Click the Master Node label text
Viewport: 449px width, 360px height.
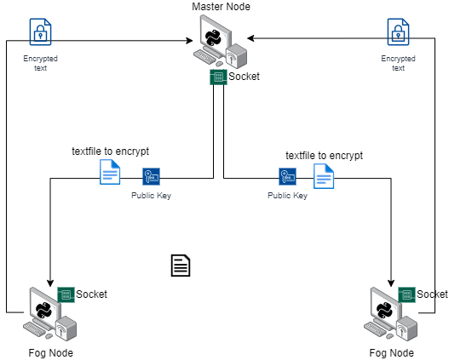pos(221,8)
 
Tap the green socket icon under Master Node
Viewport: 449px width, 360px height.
pos(217,77)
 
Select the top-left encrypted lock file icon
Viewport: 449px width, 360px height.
pos(40,32)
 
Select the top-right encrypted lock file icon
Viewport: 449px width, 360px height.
pos(398,32)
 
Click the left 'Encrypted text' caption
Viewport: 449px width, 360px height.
pos(40,63)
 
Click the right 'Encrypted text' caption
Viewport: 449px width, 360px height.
pos(398,63)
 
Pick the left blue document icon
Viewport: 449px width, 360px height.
pos(110,174)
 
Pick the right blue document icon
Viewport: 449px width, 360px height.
pos(323,175)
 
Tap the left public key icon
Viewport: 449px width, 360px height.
pos(151,176)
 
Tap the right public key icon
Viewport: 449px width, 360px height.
pos(287,176)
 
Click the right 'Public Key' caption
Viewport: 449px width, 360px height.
pos(287,196)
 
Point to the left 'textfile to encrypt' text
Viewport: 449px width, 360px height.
pos(110,151)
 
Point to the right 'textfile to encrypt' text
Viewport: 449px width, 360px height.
pos(324,156)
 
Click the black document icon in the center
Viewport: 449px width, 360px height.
pos(180,266)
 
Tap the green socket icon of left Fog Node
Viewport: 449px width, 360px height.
pos(66,294)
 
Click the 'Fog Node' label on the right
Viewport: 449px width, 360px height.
pos(391,352)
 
